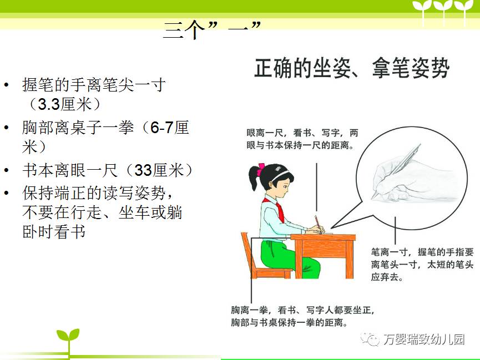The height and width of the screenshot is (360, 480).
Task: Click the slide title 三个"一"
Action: tap(211, 30)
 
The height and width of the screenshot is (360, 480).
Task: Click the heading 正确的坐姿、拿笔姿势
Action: tap(352, 68)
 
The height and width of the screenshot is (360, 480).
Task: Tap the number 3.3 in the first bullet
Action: tap(48, 104)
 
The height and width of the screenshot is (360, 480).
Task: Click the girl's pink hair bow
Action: tap(261, 170)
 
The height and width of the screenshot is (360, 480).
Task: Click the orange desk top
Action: tap(323, 237)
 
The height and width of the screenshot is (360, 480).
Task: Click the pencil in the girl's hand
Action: tap(319, 225)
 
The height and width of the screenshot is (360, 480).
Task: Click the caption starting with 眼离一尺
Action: tap(302, 139)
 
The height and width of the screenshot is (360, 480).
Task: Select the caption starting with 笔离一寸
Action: tap(422, 265)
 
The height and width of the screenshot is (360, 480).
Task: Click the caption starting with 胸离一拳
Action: tap(302, 316)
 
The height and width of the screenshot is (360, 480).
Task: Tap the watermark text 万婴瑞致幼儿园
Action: tap(424, 339)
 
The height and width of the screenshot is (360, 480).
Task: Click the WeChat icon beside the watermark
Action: tap(371, 338)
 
